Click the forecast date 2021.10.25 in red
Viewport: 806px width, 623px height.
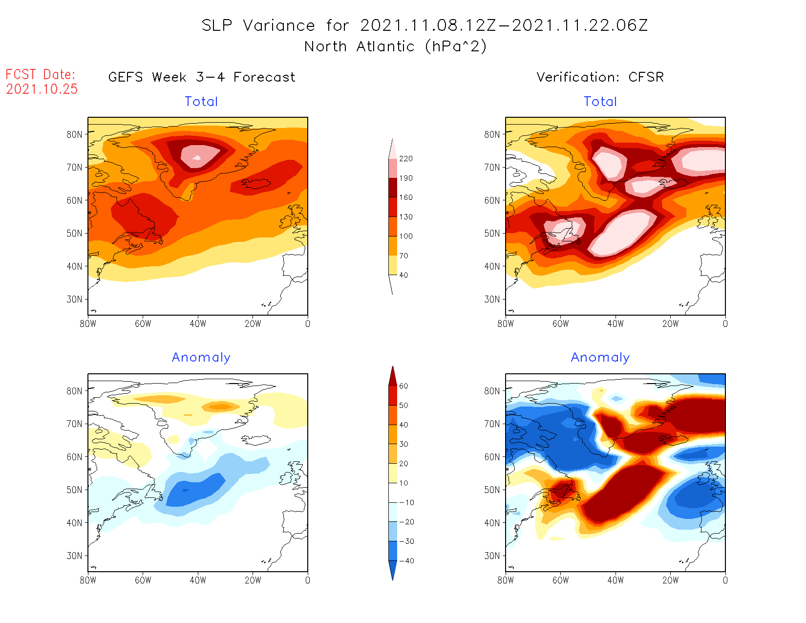pyautogui.click(x=42, y=89)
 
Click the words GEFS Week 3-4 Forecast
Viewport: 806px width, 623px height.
pyautogui.click(x=202, y=77)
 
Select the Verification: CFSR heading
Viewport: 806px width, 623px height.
pyautogui.click(x=600, y=77)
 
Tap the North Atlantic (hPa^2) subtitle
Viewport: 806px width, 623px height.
pyautogui.click(x=395, y=46)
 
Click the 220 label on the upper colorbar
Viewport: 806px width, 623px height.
pyautogui.click(x=405, y=159)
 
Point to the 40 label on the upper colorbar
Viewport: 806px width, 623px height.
pyautogui.click(x=403, y=275)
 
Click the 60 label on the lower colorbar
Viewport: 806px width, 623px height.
pyautogui.click(x=403, y=386)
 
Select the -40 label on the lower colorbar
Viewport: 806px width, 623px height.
pyautogui.click(x=406, y=561)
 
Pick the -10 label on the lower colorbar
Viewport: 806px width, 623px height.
pyautogui.click(x=406, y=502)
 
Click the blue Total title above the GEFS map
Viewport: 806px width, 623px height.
pyautogui.click(x=201, y=102)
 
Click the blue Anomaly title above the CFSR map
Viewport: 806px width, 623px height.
pyautogui.click(x=600, y=358)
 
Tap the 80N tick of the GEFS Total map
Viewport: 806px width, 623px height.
pyautogui.click(x=75, y=134)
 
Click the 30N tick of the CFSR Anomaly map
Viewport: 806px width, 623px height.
pyautogui.click(x=492, y=556)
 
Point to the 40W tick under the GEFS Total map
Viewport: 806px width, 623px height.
pyautogui.click(x=198, y=323)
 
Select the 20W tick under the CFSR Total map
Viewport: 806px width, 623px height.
pyautogui.click(x=670, y=323)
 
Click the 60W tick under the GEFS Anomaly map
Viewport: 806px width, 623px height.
pyautogui.click(x=143, y=580)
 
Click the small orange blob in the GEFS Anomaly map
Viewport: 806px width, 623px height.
pyautogui.click(x=221, y=406)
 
